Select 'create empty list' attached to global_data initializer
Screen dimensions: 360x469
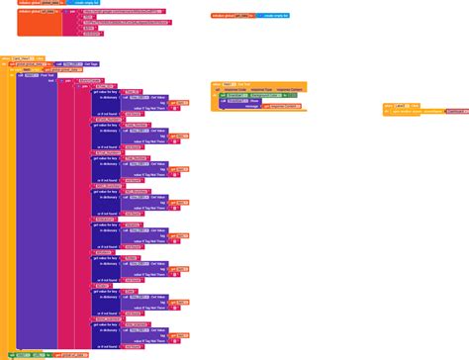tap(94, 3)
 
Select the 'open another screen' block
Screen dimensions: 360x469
tap(410, 111)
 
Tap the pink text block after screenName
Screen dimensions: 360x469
tap(456, 111)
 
